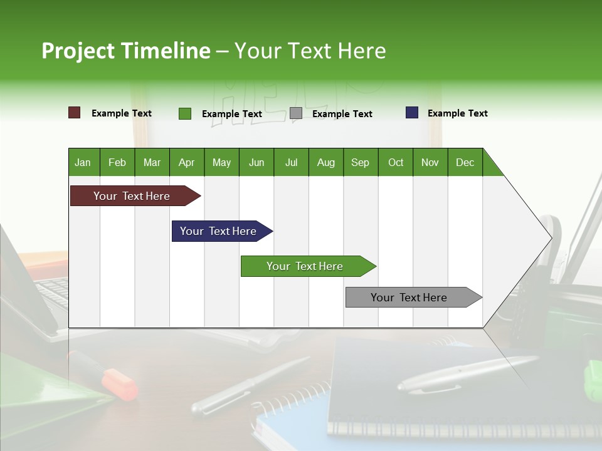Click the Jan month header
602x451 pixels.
click(x=83, y=162)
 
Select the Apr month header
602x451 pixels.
click(x=186, y=162)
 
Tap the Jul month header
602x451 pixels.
click(x=291, y=162)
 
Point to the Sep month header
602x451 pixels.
click(x=360, y=162)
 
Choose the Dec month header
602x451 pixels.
click(x=465, y=162)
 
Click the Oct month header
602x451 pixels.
click(x=396, y=162)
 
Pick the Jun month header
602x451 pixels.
click(x=256, y=162)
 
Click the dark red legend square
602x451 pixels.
click(x=74, y=113)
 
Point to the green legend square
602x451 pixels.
click(x=184, y=113)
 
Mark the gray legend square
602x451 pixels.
click(x=296, y=113)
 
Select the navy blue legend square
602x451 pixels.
click(x=412, y=113)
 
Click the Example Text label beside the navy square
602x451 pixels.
click(x=457, y=113)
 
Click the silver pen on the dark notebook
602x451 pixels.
click(x=464, y=373)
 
